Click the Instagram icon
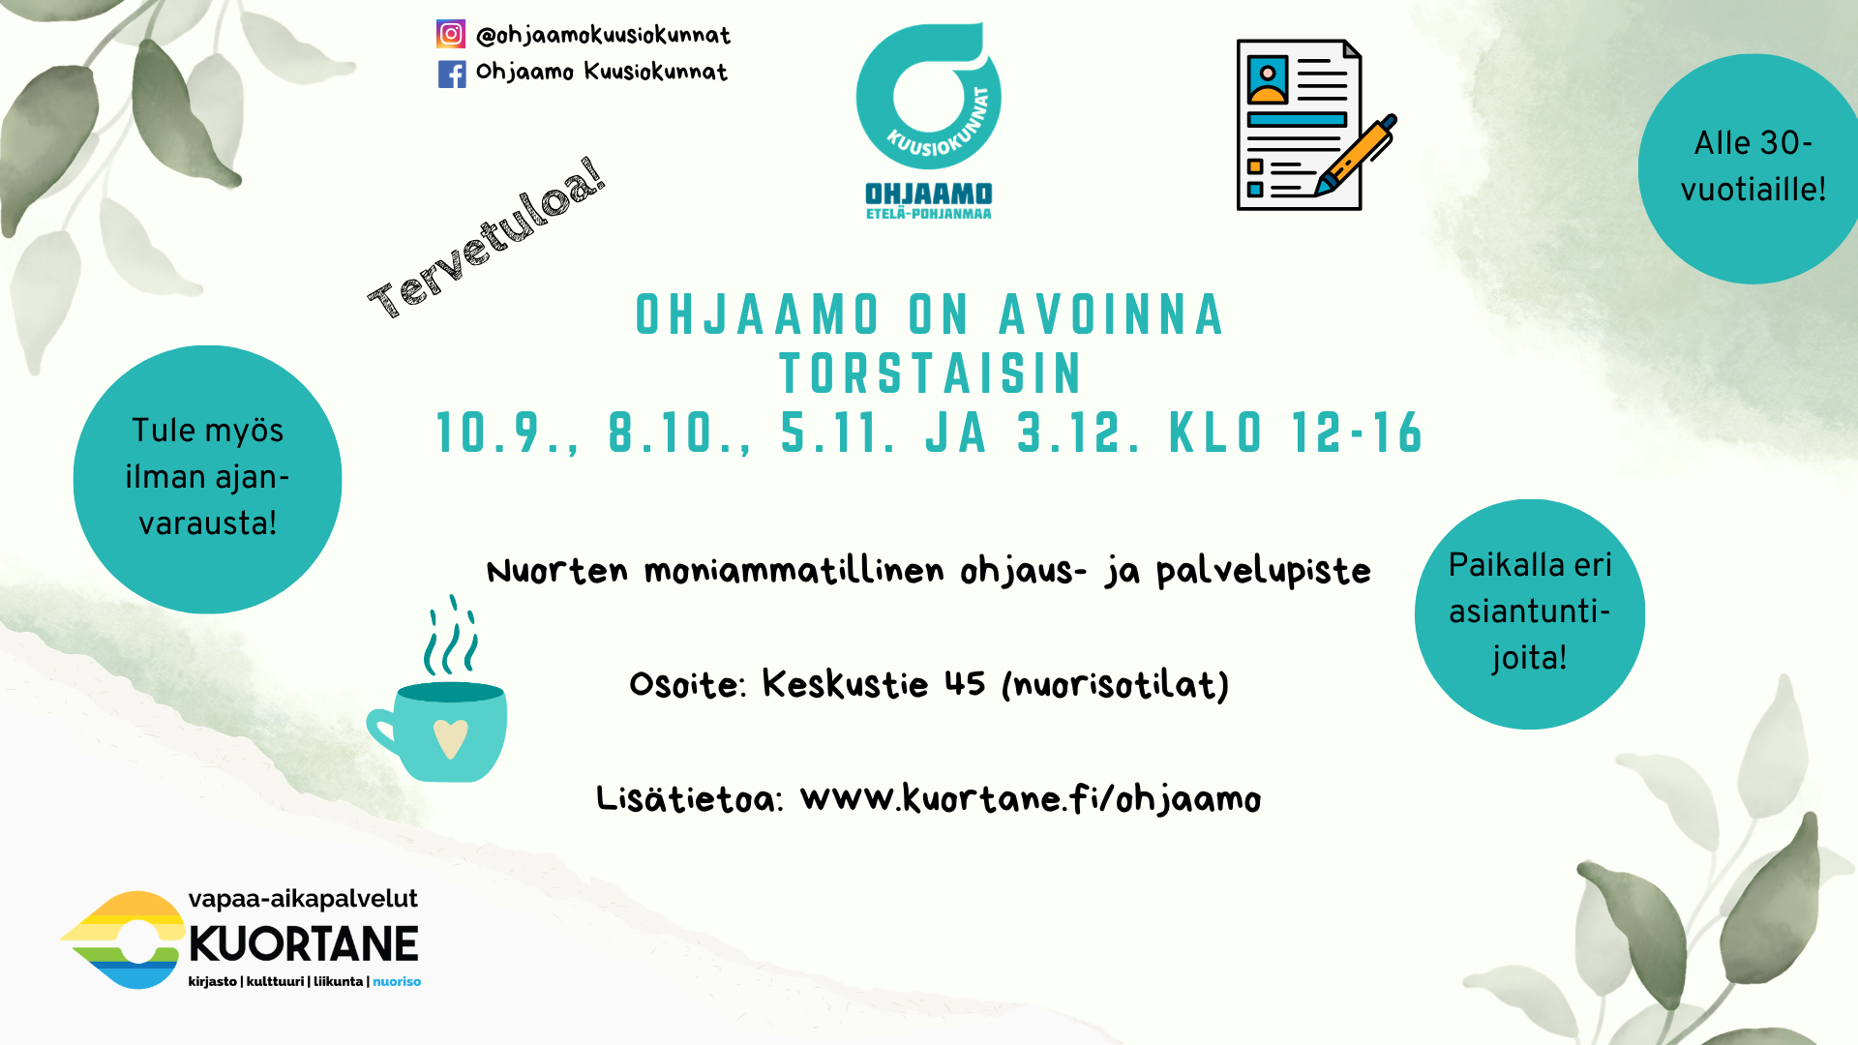click(x=451, y=34)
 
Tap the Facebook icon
click(x=452, y=74)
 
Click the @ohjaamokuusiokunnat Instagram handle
click(x=603, y=36)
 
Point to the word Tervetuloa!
click(x=487, y=238)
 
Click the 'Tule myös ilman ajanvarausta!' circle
click(x=207, y=479)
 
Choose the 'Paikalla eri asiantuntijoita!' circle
click(x=1529, y=614)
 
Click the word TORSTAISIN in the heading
click(x=931, y=374)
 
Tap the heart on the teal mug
click(x=450, y=739)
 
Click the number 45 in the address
click(x=965, y=684)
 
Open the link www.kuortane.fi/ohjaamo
click(x=1031, y=799)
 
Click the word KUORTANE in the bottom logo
click(x=304, y=944)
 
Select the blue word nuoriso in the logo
click(x=397, y=981)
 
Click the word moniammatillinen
click(x=794, y=571)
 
